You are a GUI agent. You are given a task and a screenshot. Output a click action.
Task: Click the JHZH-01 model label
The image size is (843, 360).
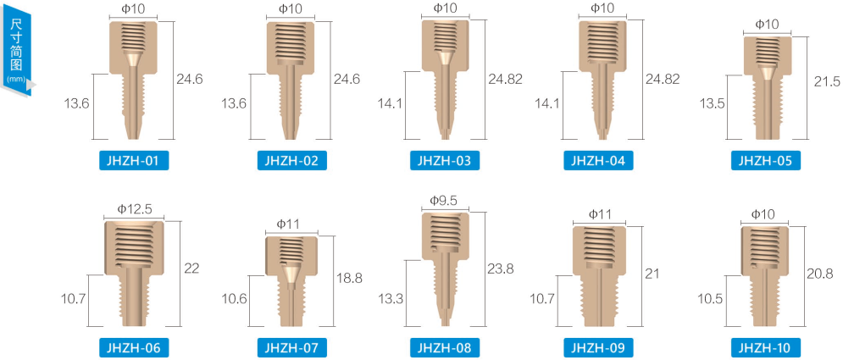click(134, 161)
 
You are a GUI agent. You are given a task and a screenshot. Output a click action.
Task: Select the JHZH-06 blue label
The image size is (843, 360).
click(134, 347)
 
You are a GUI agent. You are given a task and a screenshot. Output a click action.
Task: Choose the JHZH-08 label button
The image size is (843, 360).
click(444, 347)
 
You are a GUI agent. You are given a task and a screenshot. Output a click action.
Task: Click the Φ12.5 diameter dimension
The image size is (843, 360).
click(134, 208)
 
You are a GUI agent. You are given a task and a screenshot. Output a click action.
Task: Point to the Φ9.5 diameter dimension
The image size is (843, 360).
click(444, 201)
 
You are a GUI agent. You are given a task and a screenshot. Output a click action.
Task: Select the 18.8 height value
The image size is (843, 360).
click(349, 278)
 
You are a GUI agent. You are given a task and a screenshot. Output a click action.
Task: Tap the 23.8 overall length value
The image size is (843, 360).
click(501, 269)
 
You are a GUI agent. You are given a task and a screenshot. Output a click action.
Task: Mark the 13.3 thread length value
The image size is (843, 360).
click(391, 299)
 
